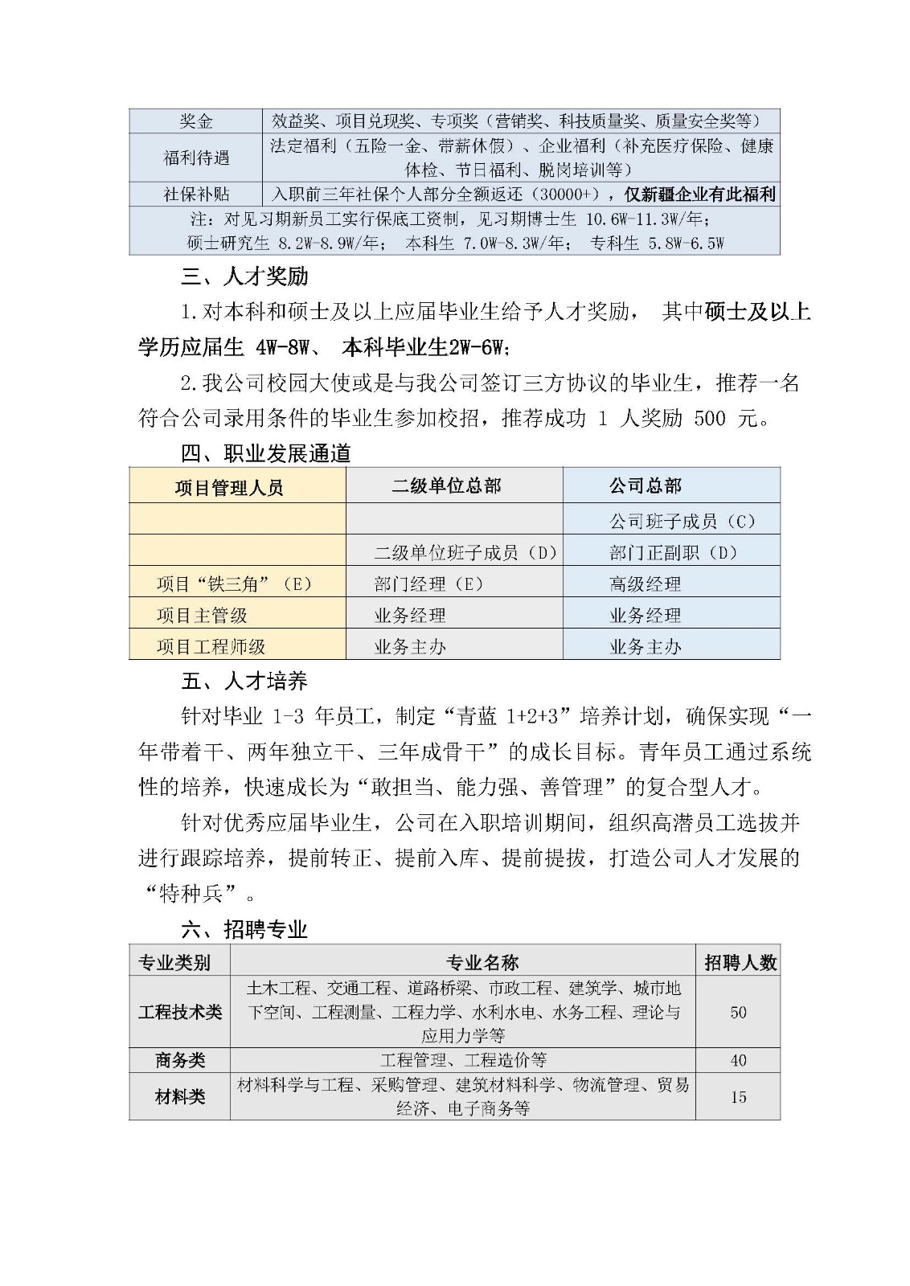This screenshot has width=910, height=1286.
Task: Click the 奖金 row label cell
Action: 195,121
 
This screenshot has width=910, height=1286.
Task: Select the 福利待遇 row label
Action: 195,158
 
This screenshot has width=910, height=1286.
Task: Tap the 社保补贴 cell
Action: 195,195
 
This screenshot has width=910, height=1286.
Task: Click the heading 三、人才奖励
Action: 244,277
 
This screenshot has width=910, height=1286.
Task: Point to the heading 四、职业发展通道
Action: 265,453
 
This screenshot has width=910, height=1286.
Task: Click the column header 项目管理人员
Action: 229,487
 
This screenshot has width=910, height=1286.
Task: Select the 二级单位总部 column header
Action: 446,485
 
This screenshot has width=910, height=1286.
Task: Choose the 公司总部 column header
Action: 645,485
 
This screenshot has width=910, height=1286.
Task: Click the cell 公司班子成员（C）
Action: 682,521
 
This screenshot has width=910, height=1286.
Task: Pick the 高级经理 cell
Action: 645,584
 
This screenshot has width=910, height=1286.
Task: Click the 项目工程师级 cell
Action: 211,646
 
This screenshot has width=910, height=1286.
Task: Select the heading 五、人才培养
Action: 244,682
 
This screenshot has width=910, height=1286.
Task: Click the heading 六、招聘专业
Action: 244,930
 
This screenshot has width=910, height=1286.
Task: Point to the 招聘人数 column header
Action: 740,962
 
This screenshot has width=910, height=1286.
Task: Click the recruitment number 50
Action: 738,1012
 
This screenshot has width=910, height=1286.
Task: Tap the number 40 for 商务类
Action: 738,1060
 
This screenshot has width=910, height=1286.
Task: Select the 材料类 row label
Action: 179,1096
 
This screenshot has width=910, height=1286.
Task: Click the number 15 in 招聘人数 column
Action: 738,1096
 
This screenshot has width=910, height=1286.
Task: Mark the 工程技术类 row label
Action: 179,1012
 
